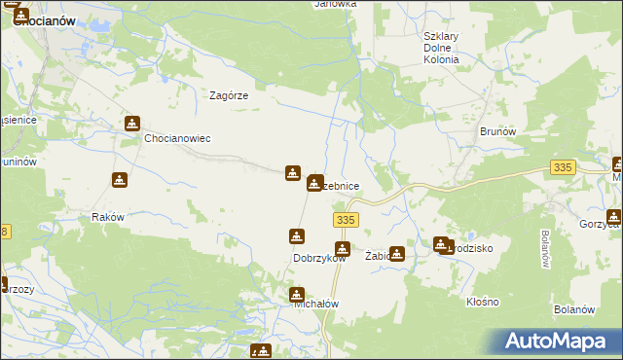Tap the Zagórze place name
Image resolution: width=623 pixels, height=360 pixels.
coord(231,96)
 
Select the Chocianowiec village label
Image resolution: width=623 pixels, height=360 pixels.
coord(177,139)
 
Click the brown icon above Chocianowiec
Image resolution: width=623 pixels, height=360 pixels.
coord(132,125)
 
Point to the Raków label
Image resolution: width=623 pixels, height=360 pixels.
coord(107,217)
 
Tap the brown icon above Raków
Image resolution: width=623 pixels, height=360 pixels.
coord(119,180)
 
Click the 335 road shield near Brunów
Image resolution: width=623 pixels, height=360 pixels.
coord(562,168)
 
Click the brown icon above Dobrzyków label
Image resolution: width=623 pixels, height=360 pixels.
coord(297,236)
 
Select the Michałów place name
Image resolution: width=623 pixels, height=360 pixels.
coord(315,304)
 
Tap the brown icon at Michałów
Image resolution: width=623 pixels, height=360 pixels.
coord(297,295)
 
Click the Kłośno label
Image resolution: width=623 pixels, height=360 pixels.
coord(483,302)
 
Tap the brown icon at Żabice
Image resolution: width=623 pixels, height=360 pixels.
coord(397,254)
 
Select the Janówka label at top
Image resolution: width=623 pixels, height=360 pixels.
coord(335,4)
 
